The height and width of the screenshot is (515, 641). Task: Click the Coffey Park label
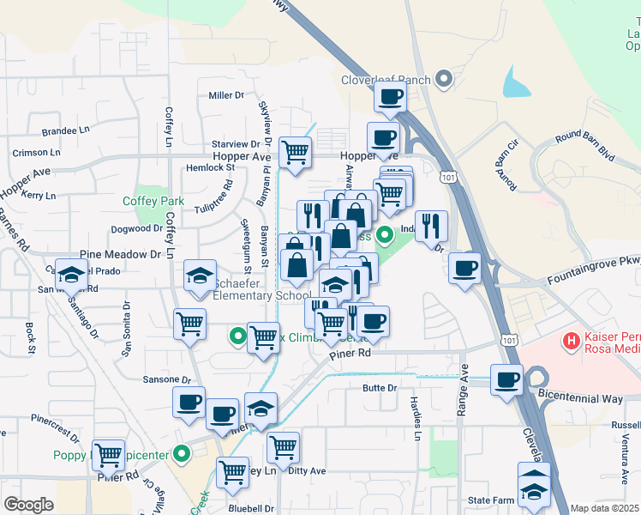pos(153,201)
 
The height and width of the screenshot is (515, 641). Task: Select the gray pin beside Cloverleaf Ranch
pos(444,81)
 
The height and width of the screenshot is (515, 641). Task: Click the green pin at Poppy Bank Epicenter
pos(181,454)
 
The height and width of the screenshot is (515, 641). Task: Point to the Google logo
pos(29,504)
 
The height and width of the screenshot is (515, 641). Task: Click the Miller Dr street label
pos(227,95)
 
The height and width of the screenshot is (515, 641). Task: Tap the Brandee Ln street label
pos(65,132)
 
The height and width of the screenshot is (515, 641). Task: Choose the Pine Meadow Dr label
pos(121,255)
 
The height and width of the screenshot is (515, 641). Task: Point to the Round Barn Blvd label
pos(586,147)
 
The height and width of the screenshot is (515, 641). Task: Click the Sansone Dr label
pos(166,379)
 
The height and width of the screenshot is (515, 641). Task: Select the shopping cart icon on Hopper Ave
pos(296,153)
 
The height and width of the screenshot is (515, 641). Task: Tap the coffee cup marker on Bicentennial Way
pos(506,379)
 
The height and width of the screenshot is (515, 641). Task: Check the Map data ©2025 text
pos(604,508)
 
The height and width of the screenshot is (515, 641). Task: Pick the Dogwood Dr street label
pos(137,228)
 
